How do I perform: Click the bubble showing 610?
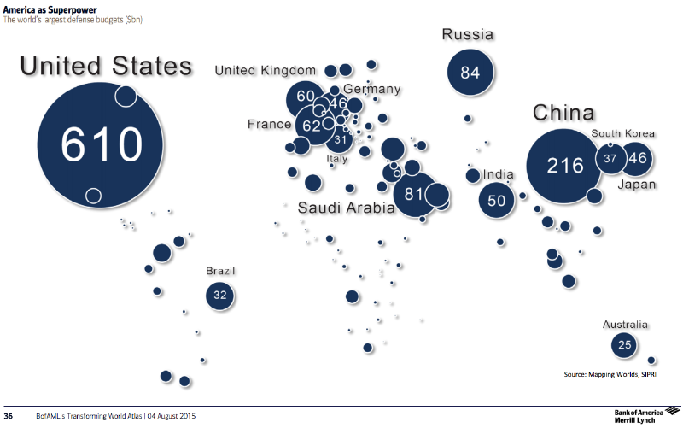101,145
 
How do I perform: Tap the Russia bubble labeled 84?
470,73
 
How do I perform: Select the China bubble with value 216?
564,165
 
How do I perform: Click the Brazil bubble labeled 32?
220,296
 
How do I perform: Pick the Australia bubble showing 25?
625,345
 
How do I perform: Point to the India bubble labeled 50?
497,201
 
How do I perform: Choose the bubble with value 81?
415,194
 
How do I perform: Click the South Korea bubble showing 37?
610,159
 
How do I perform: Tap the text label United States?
106,67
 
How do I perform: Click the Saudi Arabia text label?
346,208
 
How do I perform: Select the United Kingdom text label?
265,70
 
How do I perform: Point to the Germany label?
371,89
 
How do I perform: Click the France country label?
269,125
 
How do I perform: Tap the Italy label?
337,158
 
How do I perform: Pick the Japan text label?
636,184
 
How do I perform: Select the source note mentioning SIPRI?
610,374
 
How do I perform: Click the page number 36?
9,416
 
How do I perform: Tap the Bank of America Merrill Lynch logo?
644,416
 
